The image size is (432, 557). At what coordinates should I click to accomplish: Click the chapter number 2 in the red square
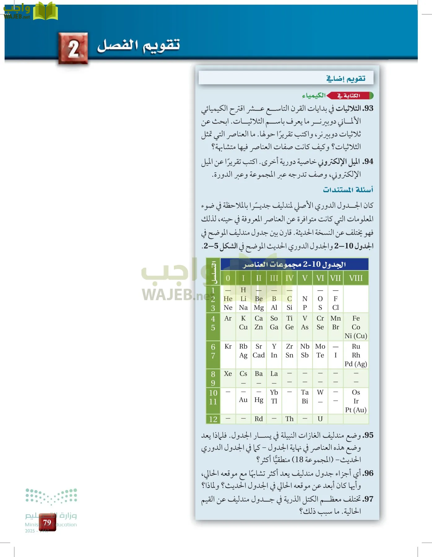pos(73,49)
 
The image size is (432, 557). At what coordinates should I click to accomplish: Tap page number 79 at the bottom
pos(47,523)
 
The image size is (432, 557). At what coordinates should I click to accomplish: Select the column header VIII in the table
pos(356,278)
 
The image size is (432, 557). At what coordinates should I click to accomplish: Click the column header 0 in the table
pos(228,278)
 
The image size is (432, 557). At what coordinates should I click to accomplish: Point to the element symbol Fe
pos(356,318)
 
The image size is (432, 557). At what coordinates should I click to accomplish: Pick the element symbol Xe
pos(228,373)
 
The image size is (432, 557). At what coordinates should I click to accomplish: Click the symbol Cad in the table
pos(259,355)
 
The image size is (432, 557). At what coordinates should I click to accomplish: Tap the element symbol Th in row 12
pos(289,419)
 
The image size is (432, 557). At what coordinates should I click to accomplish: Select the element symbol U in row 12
pos(320,419)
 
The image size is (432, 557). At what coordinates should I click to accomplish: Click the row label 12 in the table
pos(213,419)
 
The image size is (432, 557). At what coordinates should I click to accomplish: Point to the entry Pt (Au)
pos(356,410)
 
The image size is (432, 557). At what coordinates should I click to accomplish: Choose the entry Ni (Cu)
pos(356,336)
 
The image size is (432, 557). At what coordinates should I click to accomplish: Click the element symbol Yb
pos(274,392)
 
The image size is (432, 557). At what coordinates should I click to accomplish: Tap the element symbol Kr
pos(228,346)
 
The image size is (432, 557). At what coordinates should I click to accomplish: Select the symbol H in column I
pos(243,290)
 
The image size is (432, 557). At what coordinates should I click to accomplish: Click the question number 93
pos(368,108)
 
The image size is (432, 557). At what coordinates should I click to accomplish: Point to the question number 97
pos(368,499)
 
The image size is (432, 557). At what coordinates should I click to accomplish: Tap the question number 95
pos(368,435)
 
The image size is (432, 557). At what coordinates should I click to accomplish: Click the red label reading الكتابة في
pos(349,96)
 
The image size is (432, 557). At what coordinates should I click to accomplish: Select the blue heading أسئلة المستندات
pos(348,189)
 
